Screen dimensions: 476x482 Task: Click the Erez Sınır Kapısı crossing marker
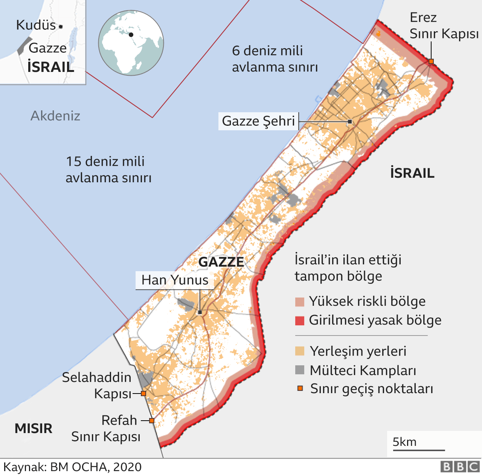point(431,61)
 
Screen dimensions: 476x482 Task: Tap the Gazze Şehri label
point(258,121)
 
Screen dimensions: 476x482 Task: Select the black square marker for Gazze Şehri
point(350,122)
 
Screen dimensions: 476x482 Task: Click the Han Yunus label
point(175,280)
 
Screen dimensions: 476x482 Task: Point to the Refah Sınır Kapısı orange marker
point(152,421)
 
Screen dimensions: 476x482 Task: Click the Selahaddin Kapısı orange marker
point(143,394)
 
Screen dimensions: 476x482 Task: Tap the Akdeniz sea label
point(55,116)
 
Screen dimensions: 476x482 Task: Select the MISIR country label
point(34,428)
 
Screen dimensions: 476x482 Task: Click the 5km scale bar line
point(418,450)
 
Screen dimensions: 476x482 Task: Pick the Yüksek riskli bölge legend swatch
point(300,302)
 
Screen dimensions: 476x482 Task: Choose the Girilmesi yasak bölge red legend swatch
point(300,320)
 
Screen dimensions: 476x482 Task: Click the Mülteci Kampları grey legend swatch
point(300,370)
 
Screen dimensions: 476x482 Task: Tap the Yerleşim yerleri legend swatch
point(300,351)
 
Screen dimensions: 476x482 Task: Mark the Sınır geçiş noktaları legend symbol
point(300,388)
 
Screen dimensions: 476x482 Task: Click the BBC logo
point(460,467)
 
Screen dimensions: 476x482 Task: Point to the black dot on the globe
point(131,35)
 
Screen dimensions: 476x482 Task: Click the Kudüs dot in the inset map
point(61,27)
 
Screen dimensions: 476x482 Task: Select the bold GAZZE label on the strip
point(221,262)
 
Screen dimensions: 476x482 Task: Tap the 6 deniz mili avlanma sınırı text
point(275,59)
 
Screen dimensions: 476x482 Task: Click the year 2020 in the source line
point(127,467)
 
